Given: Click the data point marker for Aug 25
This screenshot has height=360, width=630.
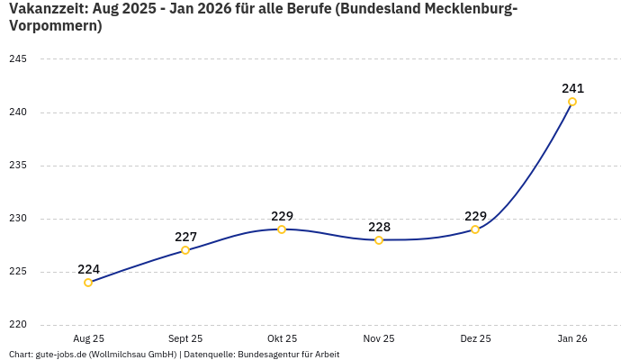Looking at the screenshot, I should pyautogui.click(x=88, y=283).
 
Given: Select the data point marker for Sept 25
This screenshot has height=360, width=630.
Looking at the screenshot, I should pyautogui.click(x=185, y=250).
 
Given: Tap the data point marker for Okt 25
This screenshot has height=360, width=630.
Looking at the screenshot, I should pyautogui.click(x=282, y=229).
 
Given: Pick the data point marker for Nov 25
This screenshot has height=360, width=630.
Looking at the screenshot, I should pyautogui.click(x=379, y=240).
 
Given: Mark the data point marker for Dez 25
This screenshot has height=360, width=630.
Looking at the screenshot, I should pyautogui.click(x=475, y=229).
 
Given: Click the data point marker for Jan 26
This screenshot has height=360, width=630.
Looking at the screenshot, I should pyautogui.click(x=572, y=102).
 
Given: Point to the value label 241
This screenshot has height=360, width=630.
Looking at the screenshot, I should pyautogui.click(x=572, y=88).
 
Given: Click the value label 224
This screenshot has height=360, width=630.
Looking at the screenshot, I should pyautogui.click(x=88, y=269).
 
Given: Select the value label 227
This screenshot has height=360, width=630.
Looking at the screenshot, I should pyautogui.click(x=185, y=237).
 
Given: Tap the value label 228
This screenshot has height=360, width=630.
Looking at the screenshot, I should pyautogui.click(x=379, y=227).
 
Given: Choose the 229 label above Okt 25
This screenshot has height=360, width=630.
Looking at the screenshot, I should pyautogui.click(x=282, y=216).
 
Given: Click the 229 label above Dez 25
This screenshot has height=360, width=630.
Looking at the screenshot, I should pyautogui.click(x=475, y=216).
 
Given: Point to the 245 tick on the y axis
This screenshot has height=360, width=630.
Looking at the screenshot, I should pyautogui.click(x=18, y=59).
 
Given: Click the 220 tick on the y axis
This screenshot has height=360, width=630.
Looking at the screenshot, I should pyautogui.click(x=18, y=325).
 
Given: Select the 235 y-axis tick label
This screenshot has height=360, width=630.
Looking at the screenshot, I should pyautogui.click(x=18, y=166).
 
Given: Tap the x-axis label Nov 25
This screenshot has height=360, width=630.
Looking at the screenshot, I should pyautogui.click(x=379, y=338).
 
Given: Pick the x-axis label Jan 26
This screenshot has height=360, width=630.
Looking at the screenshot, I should pyautogui.click(x=572, y=338).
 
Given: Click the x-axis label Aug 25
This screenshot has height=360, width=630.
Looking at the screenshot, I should pyautogui.click(x=88, y=338).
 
